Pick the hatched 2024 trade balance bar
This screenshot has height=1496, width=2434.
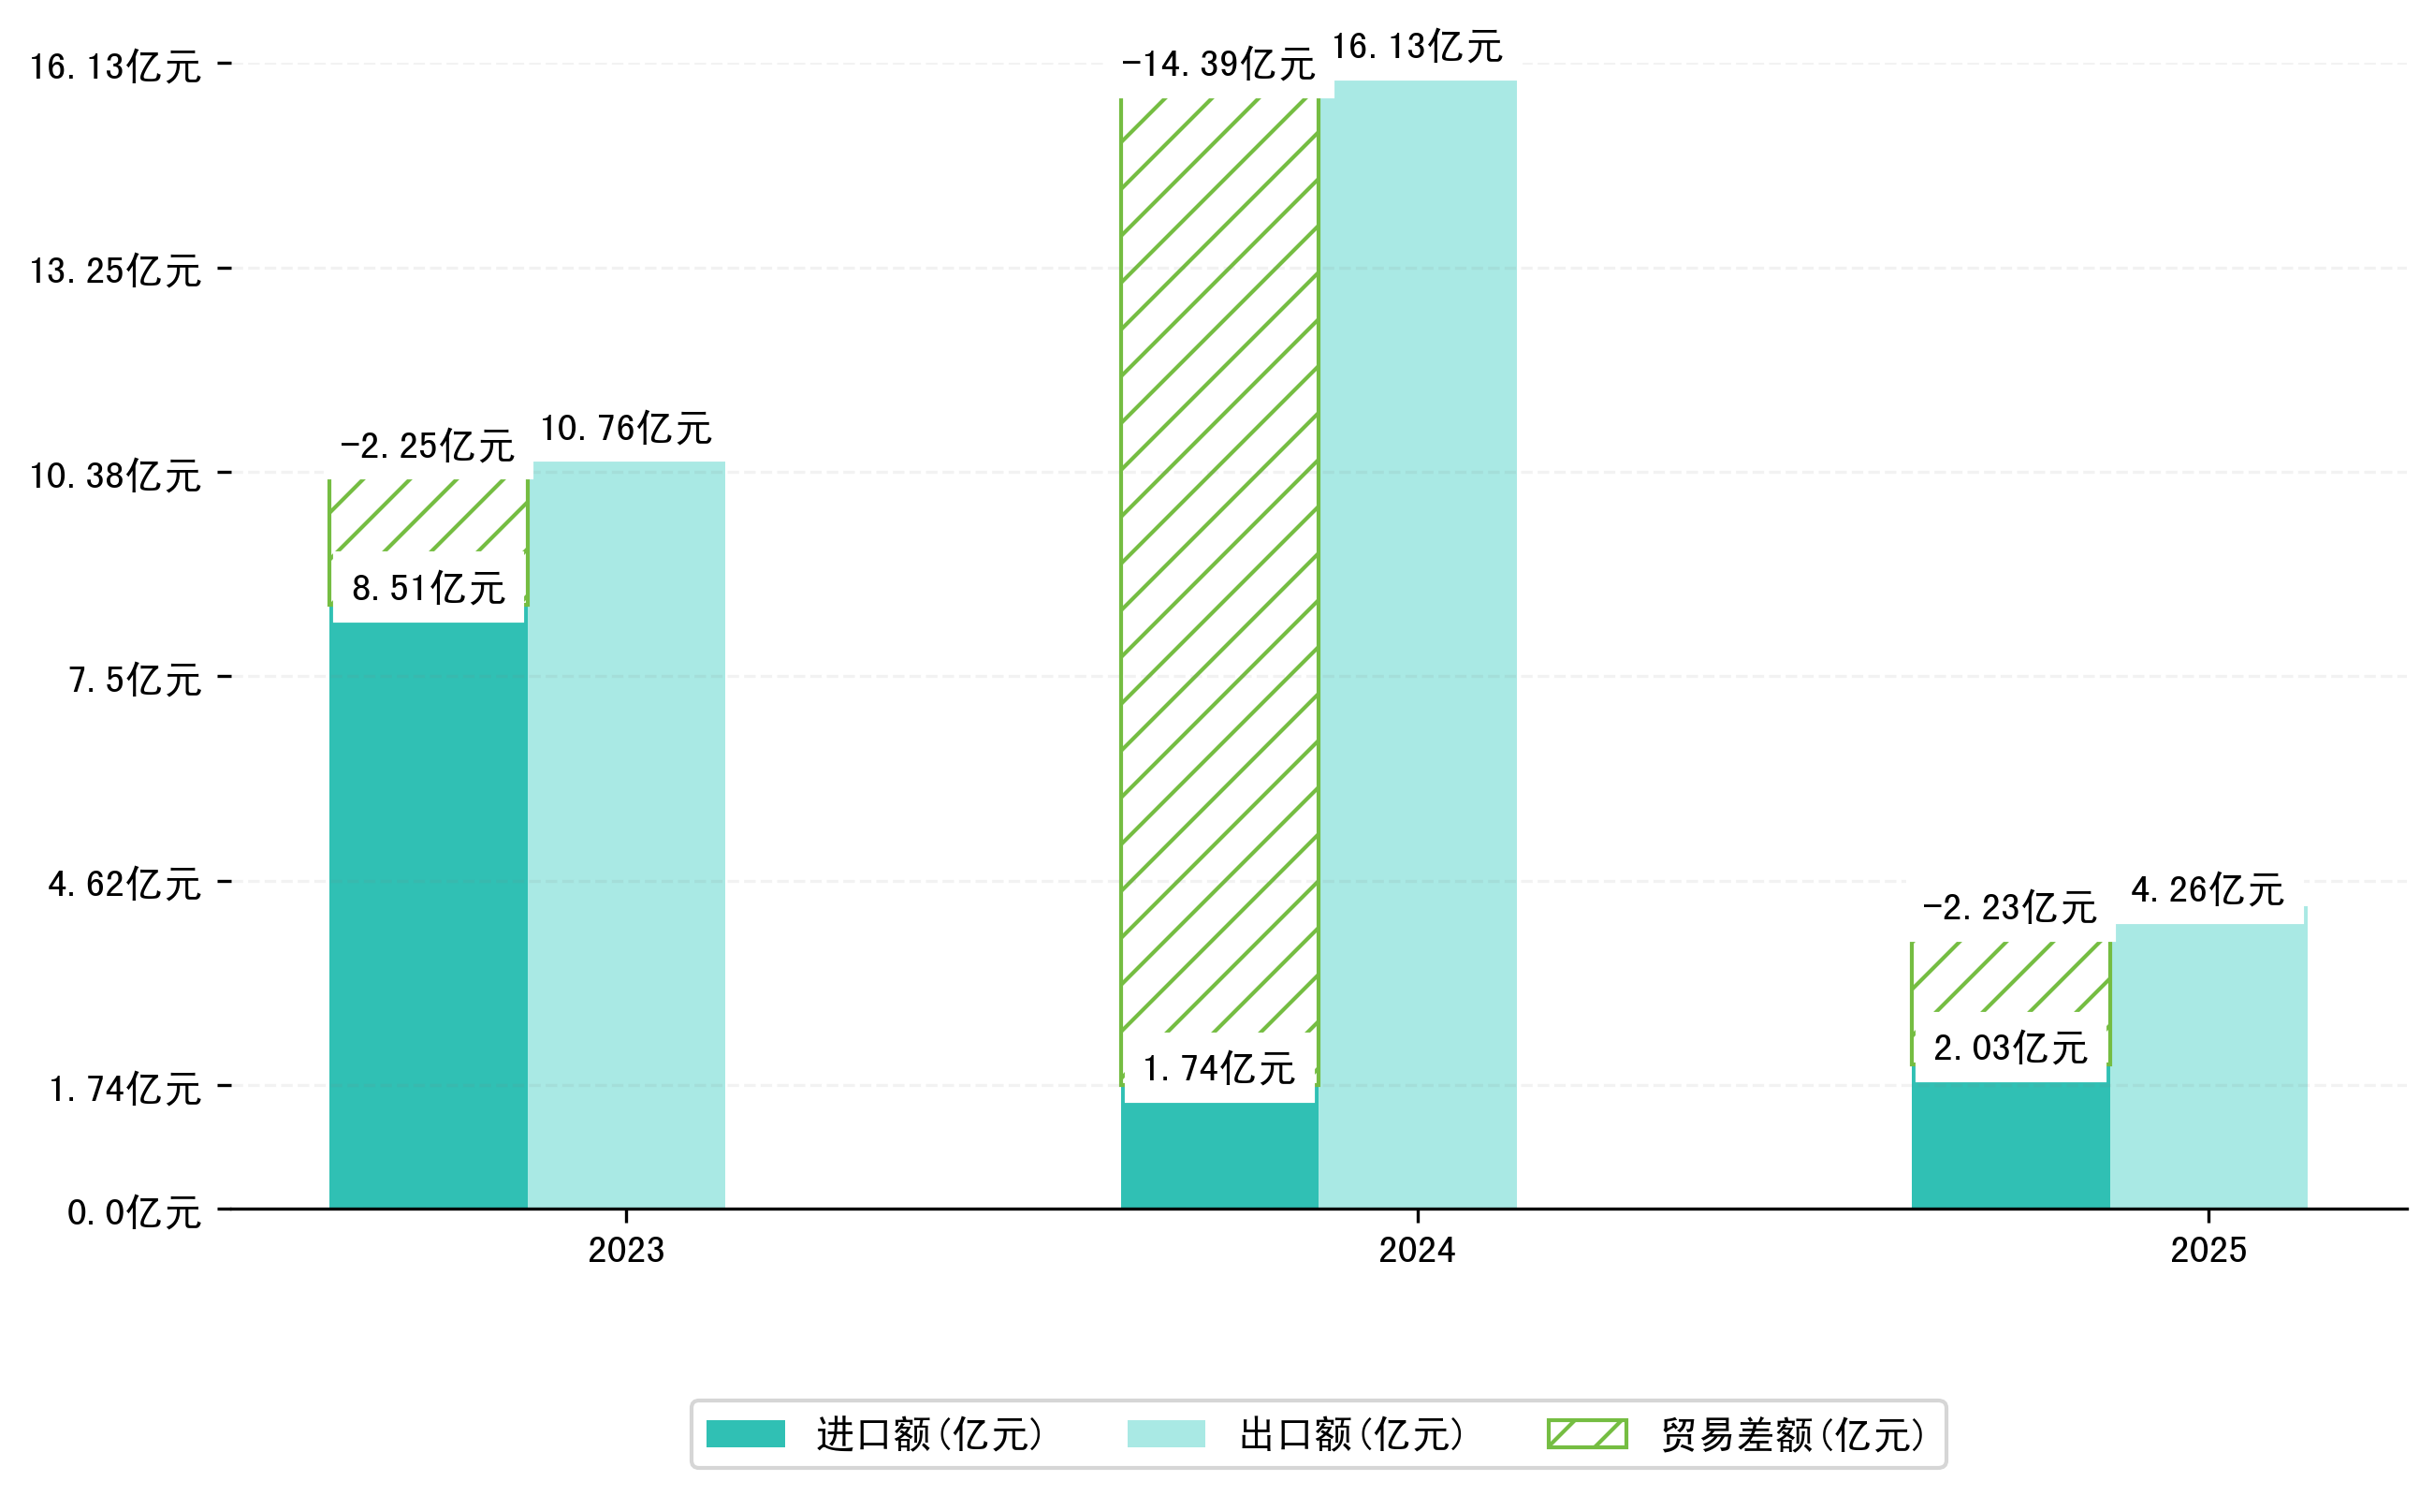click(x=1219, y=564)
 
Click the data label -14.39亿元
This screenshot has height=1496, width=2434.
click(x=1217, y=66)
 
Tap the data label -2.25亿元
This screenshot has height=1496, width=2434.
click(x=428, y=447)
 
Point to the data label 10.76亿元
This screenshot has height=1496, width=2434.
click(x=626, y=430)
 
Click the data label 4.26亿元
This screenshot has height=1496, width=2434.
click(x=2208, y=890)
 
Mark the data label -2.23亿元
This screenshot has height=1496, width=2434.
click(x=2009, y=908)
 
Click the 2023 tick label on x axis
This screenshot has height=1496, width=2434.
click(x=626, y=1251)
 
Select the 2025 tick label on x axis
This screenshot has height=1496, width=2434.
click(x=2208, y=1251)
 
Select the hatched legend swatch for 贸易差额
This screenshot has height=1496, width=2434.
click(x=1586, y=1433)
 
